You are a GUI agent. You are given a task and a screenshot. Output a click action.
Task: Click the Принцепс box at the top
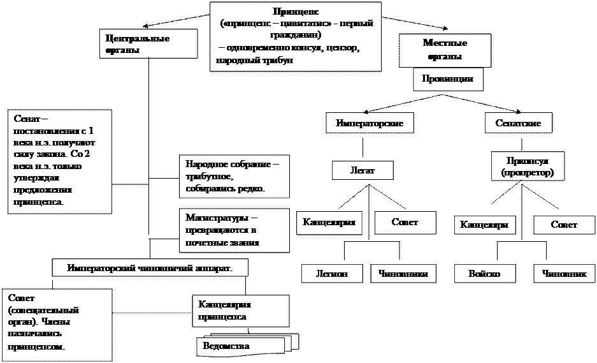[296, 36]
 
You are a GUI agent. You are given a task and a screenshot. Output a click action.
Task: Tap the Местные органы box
[445, 50]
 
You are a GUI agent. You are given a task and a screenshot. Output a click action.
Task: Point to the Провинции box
[447, 78]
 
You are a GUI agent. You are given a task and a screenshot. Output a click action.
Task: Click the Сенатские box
[517, 122]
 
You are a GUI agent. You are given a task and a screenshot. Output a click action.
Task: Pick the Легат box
[363, 170]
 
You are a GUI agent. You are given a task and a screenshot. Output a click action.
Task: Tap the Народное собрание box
[233, 177]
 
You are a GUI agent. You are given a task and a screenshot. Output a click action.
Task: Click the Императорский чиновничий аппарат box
[150, 268]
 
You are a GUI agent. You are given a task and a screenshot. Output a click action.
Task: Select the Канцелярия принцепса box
[240, 310]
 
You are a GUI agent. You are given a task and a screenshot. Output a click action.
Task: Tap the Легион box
[332, 274]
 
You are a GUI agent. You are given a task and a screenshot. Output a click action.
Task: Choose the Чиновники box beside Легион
[403, 274]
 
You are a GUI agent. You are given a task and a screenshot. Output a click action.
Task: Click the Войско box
[484, 274]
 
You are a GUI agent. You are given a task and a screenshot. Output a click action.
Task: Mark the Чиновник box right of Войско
[564, 274]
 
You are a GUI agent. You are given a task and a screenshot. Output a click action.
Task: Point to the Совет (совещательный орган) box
[57, 324]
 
